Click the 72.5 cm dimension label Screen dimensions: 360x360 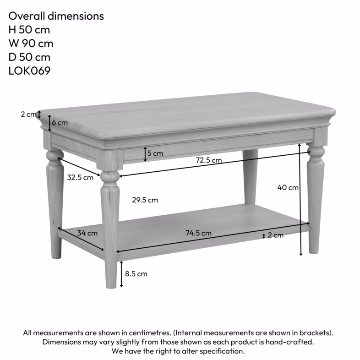pyautogui.click(x=209, y=160)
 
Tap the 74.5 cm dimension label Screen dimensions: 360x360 pyautogui.click(x=198, y=233)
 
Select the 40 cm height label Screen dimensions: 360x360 pyautogui.click(x=288, y=187)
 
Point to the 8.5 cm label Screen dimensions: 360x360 pyautogui.click(x=136, y=274)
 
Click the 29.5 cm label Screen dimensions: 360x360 pyautogui.click(x=145, y=200)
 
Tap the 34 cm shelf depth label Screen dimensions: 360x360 pyautogui.click(x=87, y=233)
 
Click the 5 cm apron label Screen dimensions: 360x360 pyautogui.click(x=155, y=153)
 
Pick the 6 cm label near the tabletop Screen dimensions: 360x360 pyautogui.click(x=60, y=122)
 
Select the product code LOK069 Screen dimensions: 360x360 pyautogui.click(x=29, y=71)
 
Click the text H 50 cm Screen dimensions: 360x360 pyautogui.click(x=29, y=30)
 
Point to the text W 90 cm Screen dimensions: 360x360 pyautogui.click(x=31, y=44)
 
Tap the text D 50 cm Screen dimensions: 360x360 pyautogui.click(x=29, y=57)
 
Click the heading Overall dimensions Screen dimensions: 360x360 pyautogui.click(x=56, y=16)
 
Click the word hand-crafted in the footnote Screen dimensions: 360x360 pyautogui.click(x=293, y=342)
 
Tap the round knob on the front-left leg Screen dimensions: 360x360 pyautogui.click(x=109, y=176)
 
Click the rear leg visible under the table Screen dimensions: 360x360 pyautogui.click(x=250, y=176)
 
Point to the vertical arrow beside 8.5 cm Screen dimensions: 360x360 pyautogui.click(x=121, y=274)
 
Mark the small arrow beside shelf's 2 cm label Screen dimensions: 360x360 pyautogui.click(x=264, y=235)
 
